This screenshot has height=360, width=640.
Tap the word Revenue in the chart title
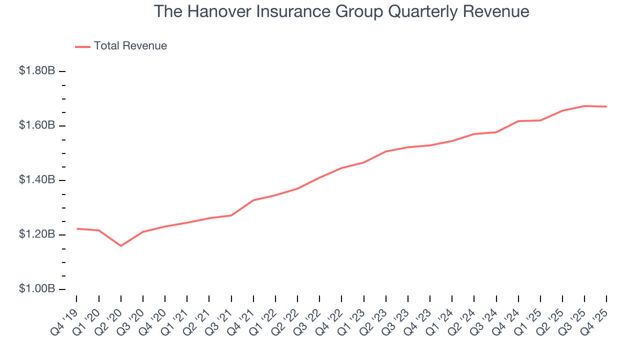496,11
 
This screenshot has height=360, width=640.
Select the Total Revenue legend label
130,46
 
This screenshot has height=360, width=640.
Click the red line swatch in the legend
82,46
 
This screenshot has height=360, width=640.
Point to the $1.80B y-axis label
37,71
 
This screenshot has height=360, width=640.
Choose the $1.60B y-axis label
37,125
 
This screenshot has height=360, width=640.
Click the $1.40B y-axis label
37,180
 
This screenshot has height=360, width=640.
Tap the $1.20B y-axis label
37,234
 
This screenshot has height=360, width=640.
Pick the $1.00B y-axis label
37,289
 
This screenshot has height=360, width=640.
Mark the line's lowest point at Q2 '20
120,246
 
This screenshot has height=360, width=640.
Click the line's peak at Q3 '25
584,106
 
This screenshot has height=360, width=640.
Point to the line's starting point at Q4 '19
76,228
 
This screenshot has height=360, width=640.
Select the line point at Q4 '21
253,200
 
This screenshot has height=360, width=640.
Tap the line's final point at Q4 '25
606,106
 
